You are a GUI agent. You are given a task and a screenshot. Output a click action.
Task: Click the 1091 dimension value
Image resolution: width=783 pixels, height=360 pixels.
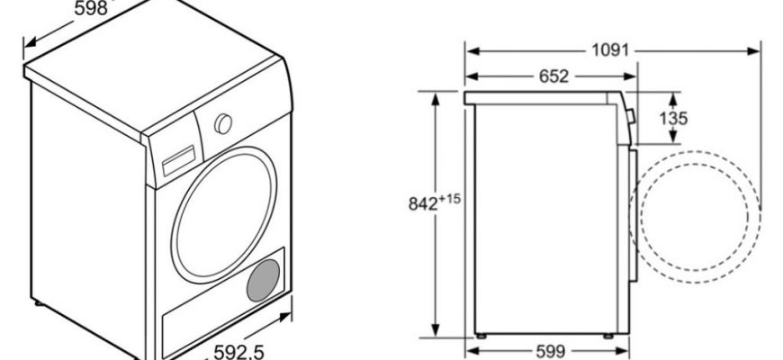[x=609, y=50]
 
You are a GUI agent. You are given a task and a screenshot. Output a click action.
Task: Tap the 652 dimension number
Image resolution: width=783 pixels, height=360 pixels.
[x=553, y=76]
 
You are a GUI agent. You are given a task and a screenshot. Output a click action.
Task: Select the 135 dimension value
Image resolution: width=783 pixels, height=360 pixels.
[x=673, y=118]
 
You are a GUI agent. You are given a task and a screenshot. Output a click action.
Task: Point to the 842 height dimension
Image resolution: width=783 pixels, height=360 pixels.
[x=424, y=203]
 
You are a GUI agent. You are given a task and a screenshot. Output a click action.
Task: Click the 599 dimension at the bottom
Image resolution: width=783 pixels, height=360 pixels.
[x=550, y=352]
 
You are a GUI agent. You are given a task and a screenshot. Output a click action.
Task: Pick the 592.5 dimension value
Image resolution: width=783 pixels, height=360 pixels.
[x=238, y=352]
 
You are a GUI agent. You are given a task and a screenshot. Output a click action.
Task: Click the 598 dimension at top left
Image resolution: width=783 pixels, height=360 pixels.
[x=91, y=8]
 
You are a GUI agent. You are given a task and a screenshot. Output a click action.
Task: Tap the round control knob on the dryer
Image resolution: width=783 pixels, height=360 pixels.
[x=223, y=124]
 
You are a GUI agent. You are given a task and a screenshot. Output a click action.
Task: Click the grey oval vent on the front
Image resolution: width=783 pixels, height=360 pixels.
[x=263, y=280]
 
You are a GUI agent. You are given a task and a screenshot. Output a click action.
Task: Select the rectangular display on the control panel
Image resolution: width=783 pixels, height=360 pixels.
[x=178, y=161]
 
